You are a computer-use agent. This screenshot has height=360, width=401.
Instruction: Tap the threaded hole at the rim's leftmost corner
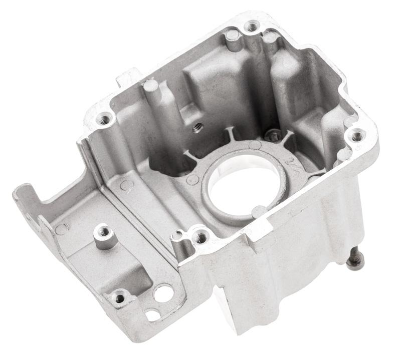coord(105,119)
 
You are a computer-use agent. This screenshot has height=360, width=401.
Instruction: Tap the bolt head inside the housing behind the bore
coord(273,134)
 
